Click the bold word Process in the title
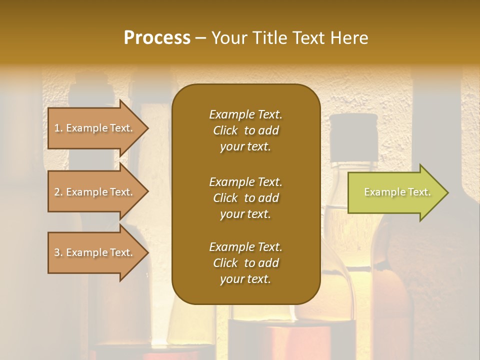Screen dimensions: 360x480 157,37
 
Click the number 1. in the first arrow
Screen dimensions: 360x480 58,128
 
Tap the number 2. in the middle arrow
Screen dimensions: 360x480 58,192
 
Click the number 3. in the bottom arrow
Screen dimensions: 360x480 58,252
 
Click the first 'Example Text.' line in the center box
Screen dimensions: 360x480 245,114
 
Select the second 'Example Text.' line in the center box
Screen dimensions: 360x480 245,181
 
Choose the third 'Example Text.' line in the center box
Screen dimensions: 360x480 245,247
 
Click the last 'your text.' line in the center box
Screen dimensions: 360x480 245,279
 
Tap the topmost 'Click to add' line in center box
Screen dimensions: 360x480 245,130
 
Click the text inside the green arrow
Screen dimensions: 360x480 397,192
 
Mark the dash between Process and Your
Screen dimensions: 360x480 200,38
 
